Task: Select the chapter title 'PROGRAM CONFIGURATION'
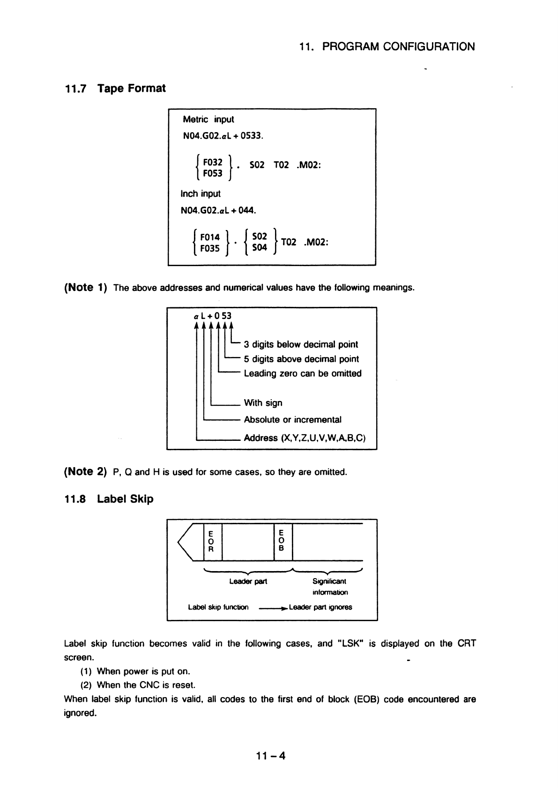click(x=398, y=47)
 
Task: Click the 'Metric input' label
click(x=208, y=119)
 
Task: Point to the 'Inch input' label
click(x=200, y=193)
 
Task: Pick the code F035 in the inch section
click(x=209, y=248)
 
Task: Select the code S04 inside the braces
click(x=259, y=247)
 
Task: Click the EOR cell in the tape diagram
click(x=211, y=541)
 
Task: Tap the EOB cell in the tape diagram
click(x=281, y=541)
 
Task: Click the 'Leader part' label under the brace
click(x=248, y=581)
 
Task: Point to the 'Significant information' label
click(x=330, y=587)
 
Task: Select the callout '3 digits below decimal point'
click(x=300, y=344)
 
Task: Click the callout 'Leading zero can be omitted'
click(x=303, y=373)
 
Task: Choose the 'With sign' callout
click(x=263, y=403)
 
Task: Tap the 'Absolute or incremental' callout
click(x=292, y=420)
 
